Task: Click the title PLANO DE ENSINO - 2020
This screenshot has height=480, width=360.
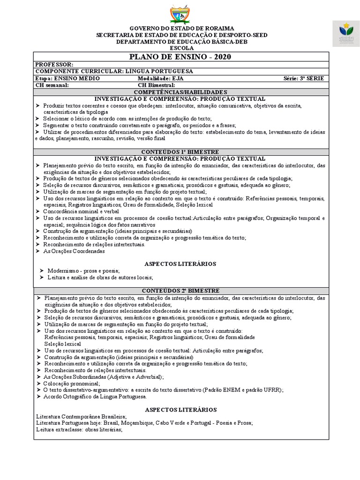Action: pos(180,57)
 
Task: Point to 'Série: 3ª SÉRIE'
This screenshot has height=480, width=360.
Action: pos(304,78)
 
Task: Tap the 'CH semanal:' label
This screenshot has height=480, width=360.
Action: pos(52,85)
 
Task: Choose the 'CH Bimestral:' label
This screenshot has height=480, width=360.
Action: pos(157,85)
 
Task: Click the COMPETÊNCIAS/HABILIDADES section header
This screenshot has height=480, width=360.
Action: pos(180,92)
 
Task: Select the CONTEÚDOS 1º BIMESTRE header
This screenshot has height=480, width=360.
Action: pos(180,152)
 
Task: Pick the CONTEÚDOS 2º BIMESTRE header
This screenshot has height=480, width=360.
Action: pos(180,291)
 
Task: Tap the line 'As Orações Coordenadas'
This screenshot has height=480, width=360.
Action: pos(74,251)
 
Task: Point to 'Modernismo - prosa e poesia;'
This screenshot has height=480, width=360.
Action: pos(83,271)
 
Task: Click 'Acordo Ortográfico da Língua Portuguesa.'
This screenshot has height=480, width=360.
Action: pos(95,396)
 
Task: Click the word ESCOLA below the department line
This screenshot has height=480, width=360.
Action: pos(180,48)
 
